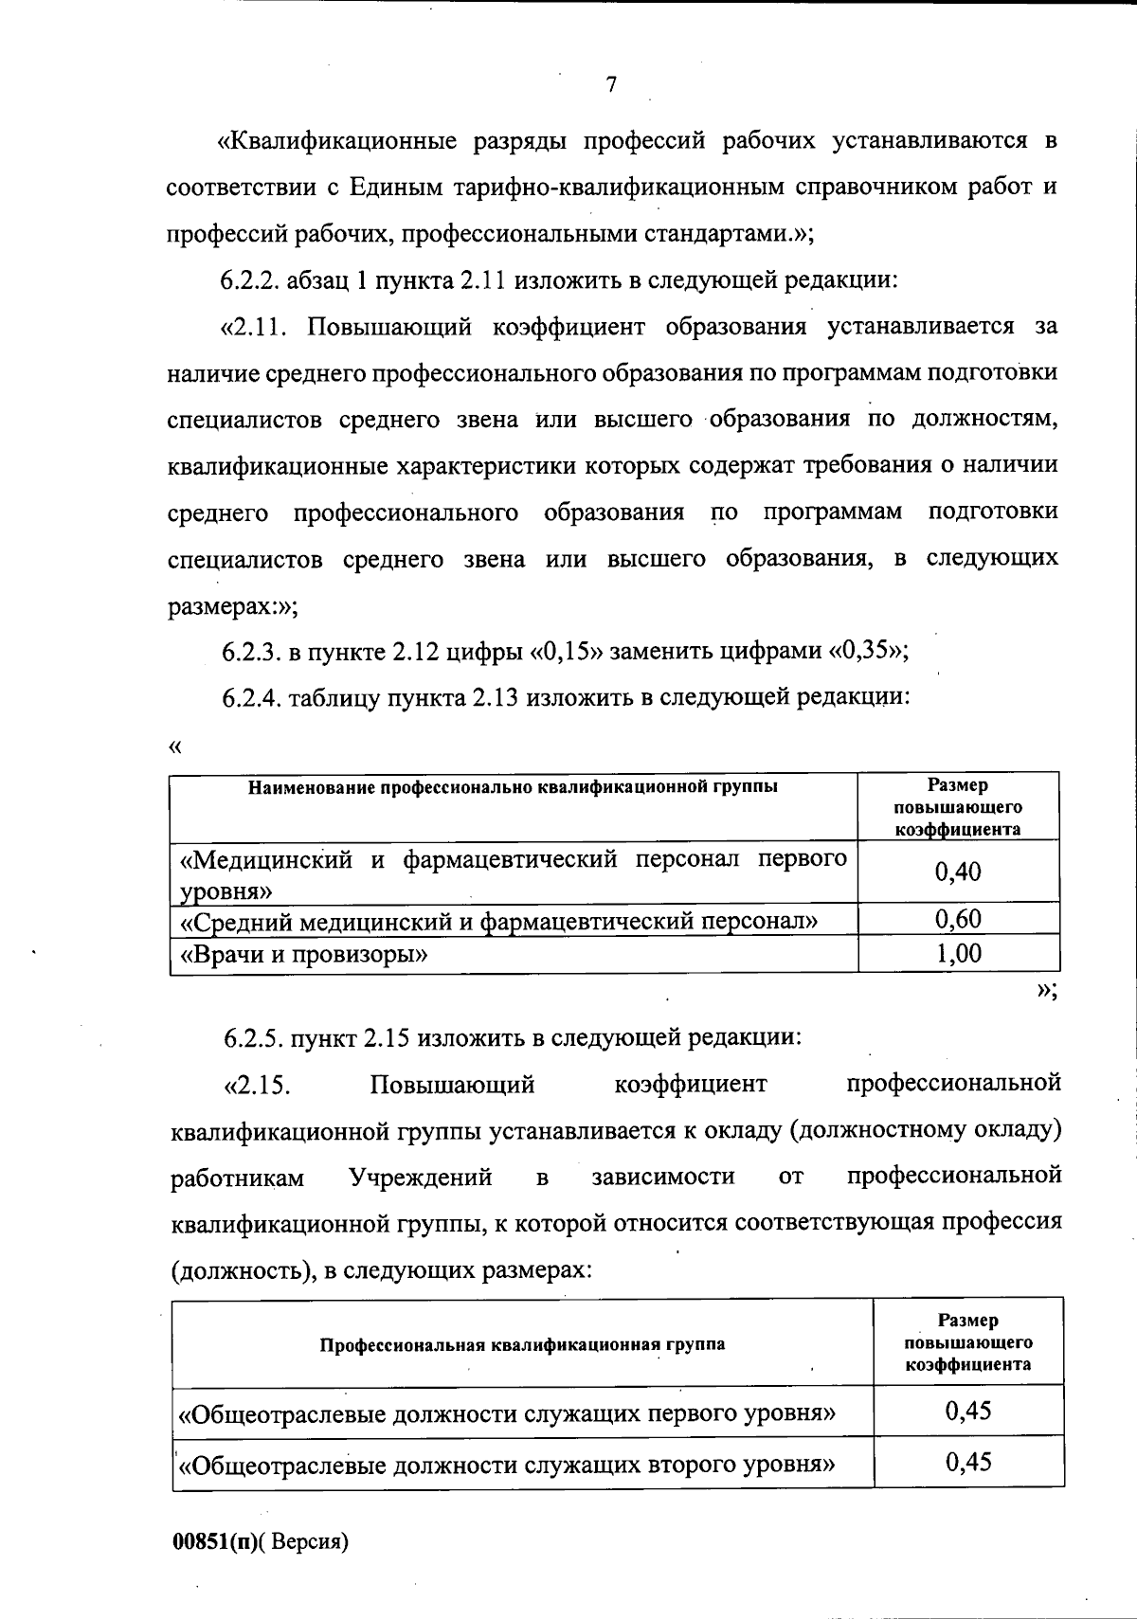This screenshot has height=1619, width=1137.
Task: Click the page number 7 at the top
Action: coord(611,85)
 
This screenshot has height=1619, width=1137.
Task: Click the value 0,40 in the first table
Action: coord(958,872)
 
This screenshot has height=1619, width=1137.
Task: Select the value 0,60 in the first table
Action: coord(958,919)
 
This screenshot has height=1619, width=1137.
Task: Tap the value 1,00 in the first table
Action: coord(958,953)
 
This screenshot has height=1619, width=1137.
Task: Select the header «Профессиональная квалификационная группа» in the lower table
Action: coord(522,1344)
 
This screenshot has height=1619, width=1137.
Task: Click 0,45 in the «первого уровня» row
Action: coord(967,1412)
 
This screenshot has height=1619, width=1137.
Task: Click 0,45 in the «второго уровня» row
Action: coord(967,1463)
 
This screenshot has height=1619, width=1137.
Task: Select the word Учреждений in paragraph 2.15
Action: coord(420,1178)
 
